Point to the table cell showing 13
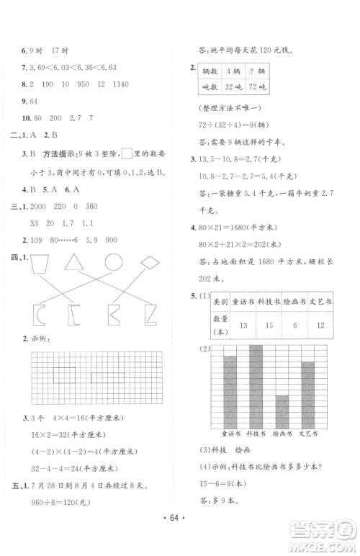(x=242, y=328)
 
